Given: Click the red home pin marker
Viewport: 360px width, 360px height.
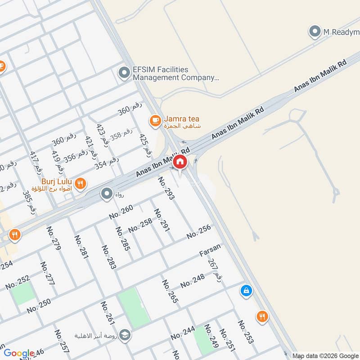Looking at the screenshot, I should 180,162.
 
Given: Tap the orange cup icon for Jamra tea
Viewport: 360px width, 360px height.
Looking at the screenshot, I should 155,121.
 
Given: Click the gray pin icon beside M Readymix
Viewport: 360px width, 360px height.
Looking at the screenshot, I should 315,31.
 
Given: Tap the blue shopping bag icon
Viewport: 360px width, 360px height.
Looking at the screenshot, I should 246,290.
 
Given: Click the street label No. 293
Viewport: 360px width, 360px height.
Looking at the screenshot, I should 166,188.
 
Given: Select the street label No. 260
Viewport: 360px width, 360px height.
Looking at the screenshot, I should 121,212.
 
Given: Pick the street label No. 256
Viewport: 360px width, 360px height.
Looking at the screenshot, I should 198,235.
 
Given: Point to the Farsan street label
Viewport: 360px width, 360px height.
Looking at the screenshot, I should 210,250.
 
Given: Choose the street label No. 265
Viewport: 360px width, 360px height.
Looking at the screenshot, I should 170,291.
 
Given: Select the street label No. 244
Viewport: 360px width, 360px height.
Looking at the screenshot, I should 183,333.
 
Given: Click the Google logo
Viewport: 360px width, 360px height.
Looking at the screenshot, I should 18,353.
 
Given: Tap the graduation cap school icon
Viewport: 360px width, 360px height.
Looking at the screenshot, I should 125,335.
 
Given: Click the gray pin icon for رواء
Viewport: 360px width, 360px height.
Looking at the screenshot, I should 107,194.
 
